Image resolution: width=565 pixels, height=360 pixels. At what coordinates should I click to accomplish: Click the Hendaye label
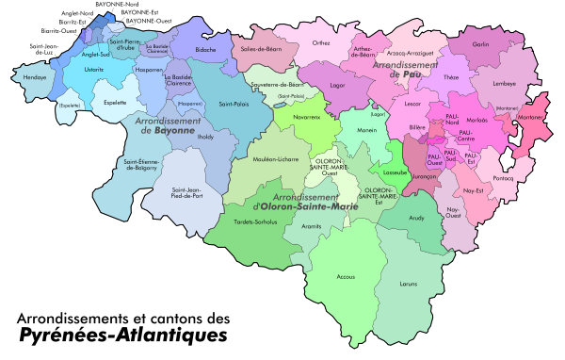34,78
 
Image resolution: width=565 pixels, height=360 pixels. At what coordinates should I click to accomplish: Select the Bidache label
205,48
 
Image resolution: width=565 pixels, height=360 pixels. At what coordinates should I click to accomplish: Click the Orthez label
321,42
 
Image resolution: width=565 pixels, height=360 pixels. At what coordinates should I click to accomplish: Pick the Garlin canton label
480,44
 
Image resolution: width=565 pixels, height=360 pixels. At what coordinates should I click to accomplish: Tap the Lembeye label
504,83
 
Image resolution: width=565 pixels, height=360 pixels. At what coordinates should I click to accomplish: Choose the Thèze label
451,77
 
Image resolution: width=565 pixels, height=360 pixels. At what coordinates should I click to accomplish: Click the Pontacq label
503,178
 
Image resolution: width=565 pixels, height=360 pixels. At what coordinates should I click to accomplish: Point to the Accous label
346,277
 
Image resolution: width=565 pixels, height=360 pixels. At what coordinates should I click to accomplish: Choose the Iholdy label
205,138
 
